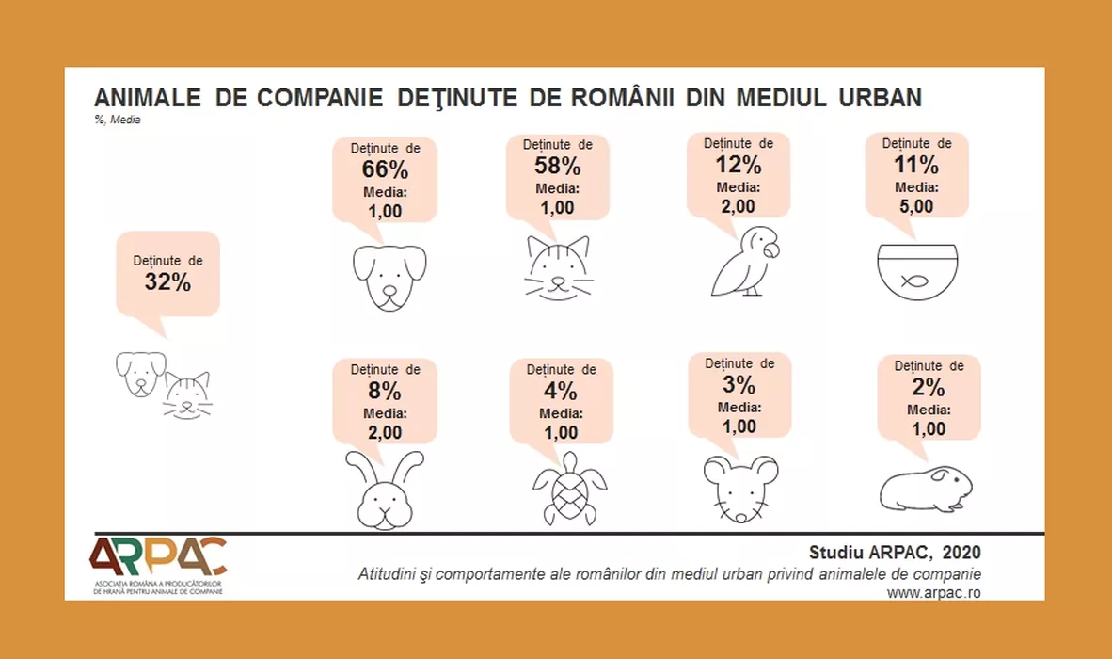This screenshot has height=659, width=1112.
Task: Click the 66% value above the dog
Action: coord(386,170)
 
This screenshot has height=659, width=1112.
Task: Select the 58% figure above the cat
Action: coord(557,168)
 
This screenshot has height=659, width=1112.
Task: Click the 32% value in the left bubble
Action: coord(167,281)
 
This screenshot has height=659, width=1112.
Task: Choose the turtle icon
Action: coord(570,488)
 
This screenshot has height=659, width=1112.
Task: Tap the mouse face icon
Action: coord(740,488)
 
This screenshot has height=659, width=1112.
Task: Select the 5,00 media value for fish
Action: coord(916,205)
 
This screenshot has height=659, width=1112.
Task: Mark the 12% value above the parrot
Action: coord(739,166)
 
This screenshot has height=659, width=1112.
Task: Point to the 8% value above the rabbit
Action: coord(386,390)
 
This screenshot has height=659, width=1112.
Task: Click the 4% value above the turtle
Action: coord(562,391)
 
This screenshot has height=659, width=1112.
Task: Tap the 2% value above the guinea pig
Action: coord(929,387)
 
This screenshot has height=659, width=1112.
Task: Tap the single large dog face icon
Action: coord(389,277)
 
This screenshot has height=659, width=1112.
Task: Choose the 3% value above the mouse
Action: coord(739,384)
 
